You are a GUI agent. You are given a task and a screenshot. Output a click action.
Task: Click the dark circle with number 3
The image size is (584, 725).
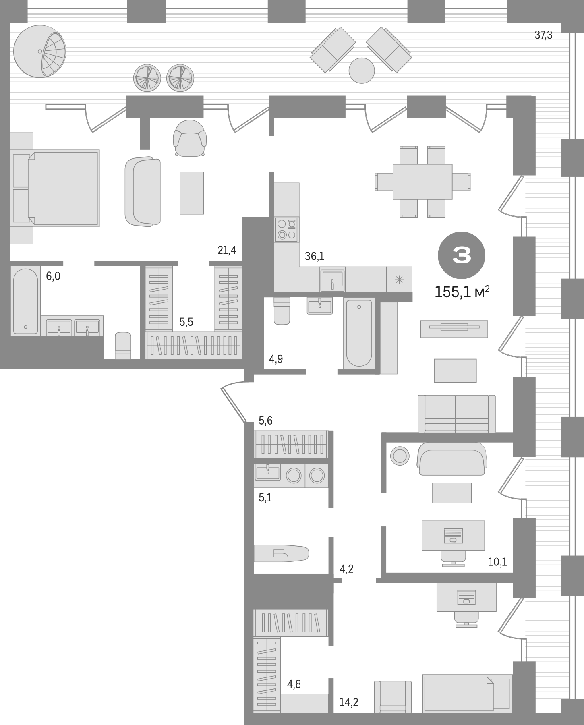tap(462, 255)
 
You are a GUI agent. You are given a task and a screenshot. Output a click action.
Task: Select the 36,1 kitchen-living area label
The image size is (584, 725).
tap(315, 256)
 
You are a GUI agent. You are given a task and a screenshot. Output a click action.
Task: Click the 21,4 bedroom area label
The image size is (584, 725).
tap(227, 250)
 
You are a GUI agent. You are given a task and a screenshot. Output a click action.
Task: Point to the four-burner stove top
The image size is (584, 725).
tap(286, 229)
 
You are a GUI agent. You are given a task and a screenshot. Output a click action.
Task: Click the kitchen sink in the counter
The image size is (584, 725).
tap(332, 280)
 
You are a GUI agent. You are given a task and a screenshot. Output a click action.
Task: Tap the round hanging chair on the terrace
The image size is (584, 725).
tap(39, 51)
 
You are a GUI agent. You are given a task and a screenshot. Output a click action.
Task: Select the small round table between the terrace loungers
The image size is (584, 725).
tap(362, 70)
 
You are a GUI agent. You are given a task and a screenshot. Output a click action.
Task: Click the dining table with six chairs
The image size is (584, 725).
tap(422, 181)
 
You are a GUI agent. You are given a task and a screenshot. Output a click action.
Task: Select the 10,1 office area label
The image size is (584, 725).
tap(497, 562)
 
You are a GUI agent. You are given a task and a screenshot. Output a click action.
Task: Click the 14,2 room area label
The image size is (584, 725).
tap(348, 702)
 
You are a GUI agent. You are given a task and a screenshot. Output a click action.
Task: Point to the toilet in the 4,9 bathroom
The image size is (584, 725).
tap(282, 311)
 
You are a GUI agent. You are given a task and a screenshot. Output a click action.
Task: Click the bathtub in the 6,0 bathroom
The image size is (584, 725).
tap(25, 301)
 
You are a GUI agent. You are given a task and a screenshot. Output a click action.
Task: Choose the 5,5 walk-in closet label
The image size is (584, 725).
tap(186, 322)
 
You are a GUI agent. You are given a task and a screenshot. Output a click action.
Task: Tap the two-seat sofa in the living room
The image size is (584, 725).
tap(456, 414)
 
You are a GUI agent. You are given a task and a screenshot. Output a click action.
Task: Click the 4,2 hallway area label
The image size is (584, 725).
tap(347, 569)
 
